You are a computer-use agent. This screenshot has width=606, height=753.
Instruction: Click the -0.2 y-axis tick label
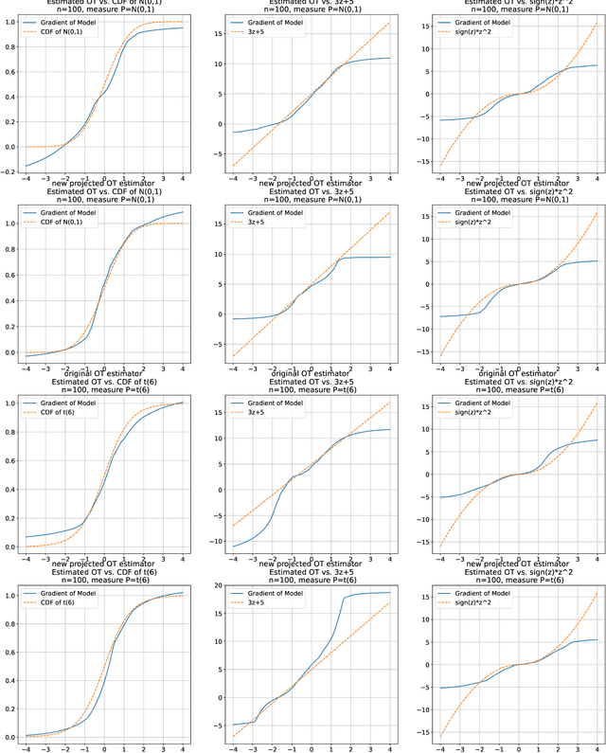pos(9,171)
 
